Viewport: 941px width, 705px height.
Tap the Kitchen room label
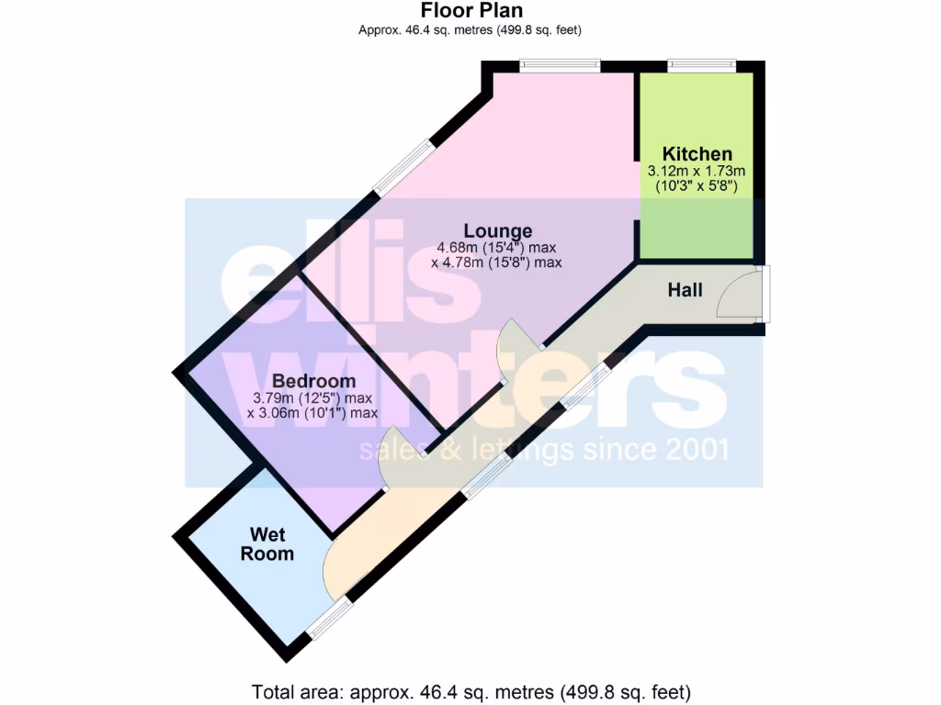pyautogui.click(x=697, y=154)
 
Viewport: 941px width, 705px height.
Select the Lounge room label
pyautogui.click(x=497, y=230)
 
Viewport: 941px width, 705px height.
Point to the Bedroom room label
pyautogui.click(x=313, y=381)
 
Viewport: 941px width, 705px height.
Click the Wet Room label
pyautogui.click(x=267, y=544)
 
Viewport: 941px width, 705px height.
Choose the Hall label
pyautogui.click(x=685, y=290)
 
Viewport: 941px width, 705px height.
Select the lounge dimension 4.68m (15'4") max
pyautogui.click(x=497, y=247)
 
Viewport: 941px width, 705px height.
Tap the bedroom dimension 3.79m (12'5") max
pyautogui.click(x=313, y=398)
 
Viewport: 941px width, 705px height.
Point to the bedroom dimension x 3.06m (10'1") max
pyautogui.click(x=313, y=413)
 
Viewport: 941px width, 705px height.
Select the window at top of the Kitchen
pyautogui.click(x=701, y=65)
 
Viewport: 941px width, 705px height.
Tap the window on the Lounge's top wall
pyautogui.click(x=560, y=65)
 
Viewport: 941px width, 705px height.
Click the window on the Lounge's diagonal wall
pyautogui.click(x=402, y=166)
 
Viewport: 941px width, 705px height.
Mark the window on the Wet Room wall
pyautogui.click(x=328, y=617)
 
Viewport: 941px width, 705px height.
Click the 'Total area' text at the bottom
pyautogui.click(x=470, y=691)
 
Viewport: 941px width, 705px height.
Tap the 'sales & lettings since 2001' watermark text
pyautogui.click(x=543, y=451)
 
